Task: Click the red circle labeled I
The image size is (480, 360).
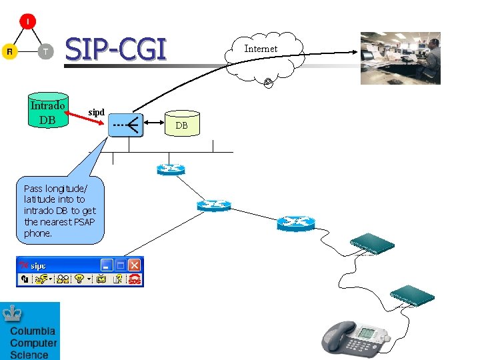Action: coord(27,22)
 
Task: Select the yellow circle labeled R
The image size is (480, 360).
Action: coord(9,51)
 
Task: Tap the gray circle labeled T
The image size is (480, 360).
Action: coord(45,51)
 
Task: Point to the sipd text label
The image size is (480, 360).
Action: coord(97,112)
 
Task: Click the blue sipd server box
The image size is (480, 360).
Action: coord(125,124)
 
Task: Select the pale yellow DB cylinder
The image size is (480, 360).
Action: coord(181,124)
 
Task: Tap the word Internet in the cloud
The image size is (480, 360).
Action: coord(261,49)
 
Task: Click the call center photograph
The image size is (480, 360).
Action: coord(400,58)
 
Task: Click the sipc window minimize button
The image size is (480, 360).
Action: coord(106,265)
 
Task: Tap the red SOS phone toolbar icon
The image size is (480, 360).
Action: coord(135,279)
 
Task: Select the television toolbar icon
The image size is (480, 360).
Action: coord(101,279)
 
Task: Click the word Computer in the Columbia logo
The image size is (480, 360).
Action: coord(33,343)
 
